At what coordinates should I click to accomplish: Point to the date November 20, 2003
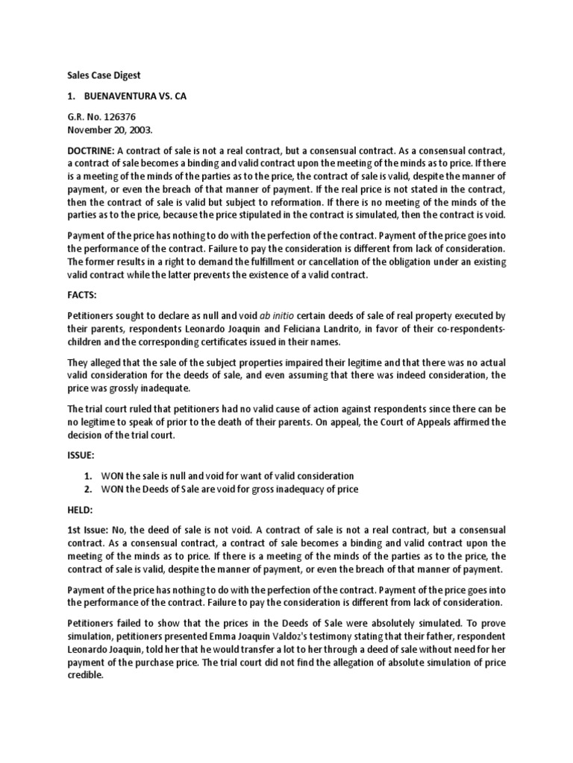click(x=110, y=129)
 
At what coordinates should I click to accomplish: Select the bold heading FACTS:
click(x=83, y=294)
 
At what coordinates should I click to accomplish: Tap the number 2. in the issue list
click(x=88, y=489)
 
